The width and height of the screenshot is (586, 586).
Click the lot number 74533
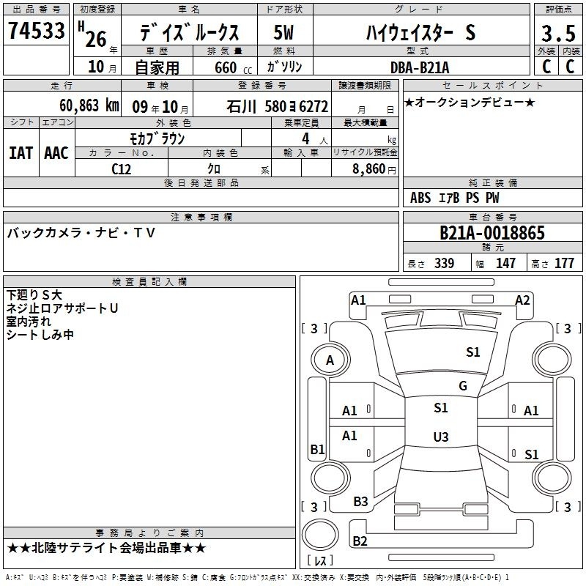click(x=36, y=31)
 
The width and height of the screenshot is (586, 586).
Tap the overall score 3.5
click(x=558, y=33)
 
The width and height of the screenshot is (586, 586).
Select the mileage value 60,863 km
click(x=89, y=105)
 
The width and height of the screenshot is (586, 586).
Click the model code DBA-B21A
click(x=420, y=67)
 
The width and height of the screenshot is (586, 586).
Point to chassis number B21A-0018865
click(x=492, y=233)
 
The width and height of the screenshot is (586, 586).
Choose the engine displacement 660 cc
click(x=233, y=68)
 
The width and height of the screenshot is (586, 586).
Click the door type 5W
click(x=283, y=32)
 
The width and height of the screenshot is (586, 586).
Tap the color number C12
click(x=121, y=169)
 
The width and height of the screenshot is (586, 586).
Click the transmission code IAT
click(x=21, y=153)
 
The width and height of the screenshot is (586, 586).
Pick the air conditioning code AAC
click(x=56, y=153)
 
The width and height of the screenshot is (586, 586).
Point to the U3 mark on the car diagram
click(x=441, y=437)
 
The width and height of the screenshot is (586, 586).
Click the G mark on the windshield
click(x=463, y=386)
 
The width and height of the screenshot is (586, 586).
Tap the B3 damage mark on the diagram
click(x=360, y=502)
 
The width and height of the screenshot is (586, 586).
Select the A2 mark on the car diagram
click(x=522, y=300)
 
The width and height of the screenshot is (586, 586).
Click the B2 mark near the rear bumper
click(x=360, y=541)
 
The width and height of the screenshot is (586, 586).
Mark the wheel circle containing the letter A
click(x=330, y=360)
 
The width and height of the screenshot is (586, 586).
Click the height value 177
click(x=564, y=263)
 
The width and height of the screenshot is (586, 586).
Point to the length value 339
click(x=445, y=263)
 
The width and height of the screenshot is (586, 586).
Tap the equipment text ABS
click(x=420, y=198)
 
